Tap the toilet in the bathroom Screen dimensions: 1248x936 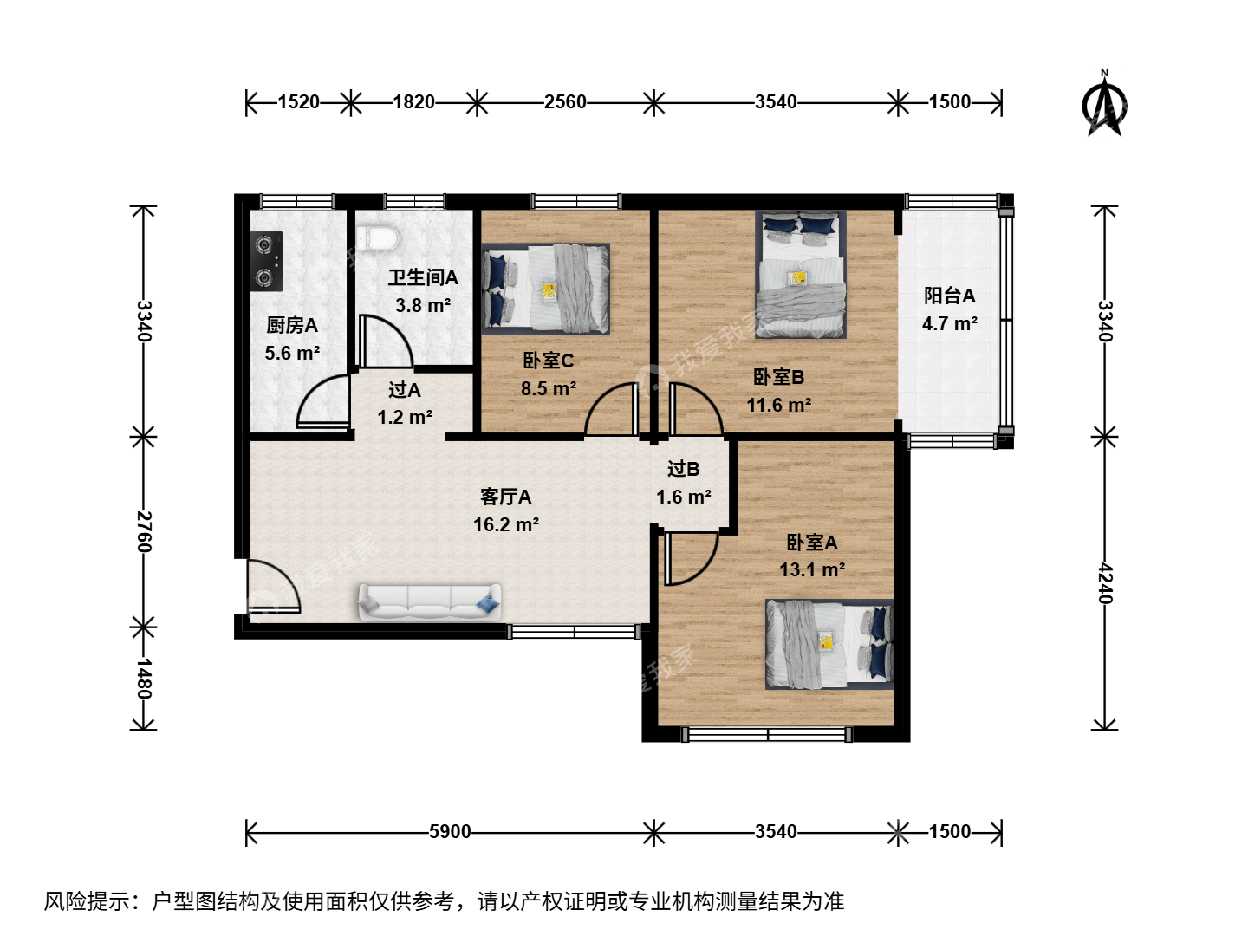(x=377, y=237)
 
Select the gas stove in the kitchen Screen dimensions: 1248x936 (x=266, y=262)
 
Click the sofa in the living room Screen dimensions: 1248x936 (x=429, y=601)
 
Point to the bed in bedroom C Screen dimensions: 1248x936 (x=546, y=288)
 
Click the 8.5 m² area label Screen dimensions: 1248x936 (x=548, y=389)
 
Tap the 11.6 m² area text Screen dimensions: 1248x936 (x=778, y=406)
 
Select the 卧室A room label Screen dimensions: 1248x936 (x=811, y=543)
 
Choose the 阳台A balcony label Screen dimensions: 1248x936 (x=949, y=296)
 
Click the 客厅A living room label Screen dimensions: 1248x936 (x=505, y=497)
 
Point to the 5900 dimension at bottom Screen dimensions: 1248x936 (x=450, y=831)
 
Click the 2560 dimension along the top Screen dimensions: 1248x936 (x=565, y=101)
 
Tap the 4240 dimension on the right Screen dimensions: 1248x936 (x=1105, y=583)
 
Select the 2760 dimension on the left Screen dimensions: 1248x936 (x=144, y=532)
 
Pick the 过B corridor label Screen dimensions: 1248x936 (x=683, y=470)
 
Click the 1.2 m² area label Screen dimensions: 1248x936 (x=405, y=418)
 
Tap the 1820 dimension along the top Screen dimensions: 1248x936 (x=414, y=101)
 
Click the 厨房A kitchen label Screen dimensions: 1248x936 (x=292, y=326)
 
